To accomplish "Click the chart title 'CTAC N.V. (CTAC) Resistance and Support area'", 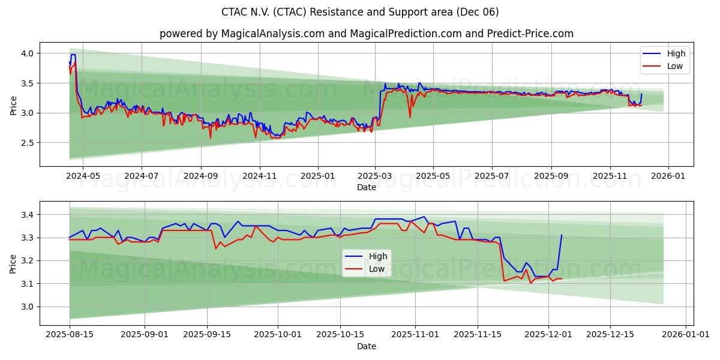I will [360, 12].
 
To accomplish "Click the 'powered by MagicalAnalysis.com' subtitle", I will [366, 34].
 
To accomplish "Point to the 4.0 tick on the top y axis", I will [27, 53].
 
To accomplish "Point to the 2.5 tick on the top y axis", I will [27, 143].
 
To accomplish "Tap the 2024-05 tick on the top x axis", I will [82, 176].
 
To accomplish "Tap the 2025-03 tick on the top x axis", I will [375, 176].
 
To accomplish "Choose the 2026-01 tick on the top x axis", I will [668, 176].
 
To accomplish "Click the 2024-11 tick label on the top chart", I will [259, 176].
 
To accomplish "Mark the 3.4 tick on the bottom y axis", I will [27, 215].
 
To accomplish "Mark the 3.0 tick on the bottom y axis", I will [27, 307].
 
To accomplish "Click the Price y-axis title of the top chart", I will [13, 104].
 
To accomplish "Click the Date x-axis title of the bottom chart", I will [366, 346].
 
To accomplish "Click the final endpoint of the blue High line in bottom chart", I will [562, 235].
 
